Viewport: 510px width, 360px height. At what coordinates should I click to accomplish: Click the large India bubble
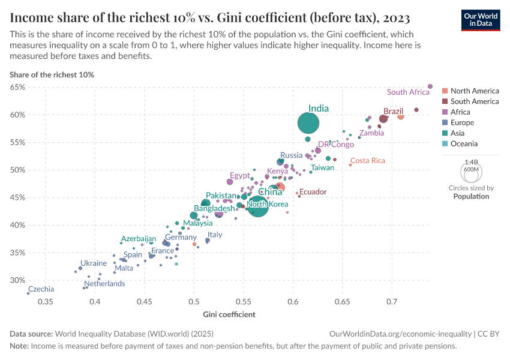[x=308, y=123]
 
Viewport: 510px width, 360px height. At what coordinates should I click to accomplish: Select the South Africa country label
[x=408, y=92]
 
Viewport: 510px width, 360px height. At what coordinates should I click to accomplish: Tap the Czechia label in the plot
[x=41, y=289]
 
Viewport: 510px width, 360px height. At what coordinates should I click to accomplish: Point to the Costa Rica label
[x=367, y=161]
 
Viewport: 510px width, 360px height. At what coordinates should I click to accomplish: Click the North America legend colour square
[x=445, y=91]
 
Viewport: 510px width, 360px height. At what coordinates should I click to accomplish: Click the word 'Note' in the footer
[x=19, y=346]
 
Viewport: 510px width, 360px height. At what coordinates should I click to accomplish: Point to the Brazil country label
[x=393, y=111]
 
